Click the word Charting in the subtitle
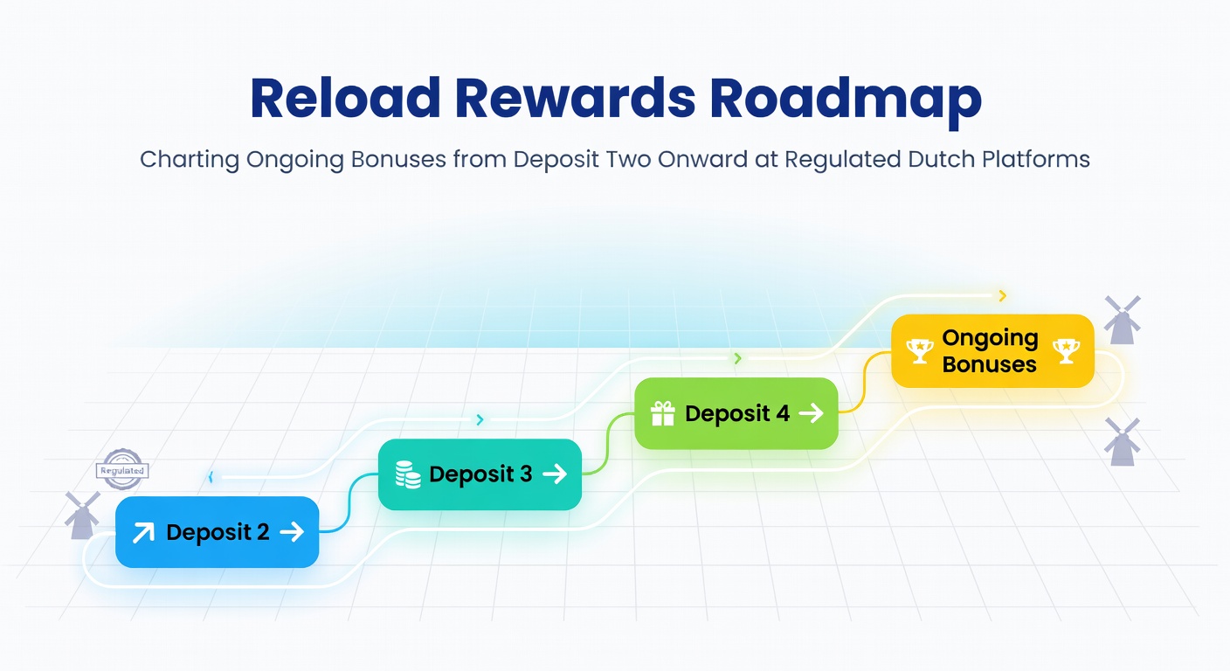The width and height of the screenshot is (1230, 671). pyautogui.click(x=189, y=160)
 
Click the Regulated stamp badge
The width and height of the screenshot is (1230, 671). pyautogui.click(x=121, y=469)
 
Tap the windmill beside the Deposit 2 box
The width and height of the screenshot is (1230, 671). pyautogui.click(x=83, y=515)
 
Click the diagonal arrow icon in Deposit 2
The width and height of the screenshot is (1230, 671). pyautogui.click(x=142, y=532)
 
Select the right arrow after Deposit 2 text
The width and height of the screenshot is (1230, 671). pyautogui.click(x=291, y=531)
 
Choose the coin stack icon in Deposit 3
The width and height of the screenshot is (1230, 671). pyautogui.click(x=408, y=474)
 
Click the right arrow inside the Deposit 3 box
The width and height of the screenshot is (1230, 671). pyautogui.click(x=554, y=474)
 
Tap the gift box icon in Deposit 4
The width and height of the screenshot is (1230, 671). pyautogui.click(x=663, y=413)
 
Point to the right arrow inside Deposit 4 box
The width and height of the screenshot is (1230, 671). pyautogui.click(x=811, y=413)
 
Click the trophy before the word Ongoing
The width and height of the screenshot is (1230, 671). pyautogui.click(x=919, y=351)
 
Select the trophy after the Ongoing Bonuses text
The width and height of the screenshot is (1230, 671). pyautogui.click(x=1066, y=351)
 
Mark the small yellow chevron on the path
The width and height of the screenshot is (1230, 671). pyautogui.click(x=1002, y=296)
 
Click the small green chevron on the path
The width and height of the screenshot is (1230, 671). pyautogui.click(x=738, y=358)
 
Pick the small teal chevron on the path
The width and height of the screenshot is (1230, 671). pyautogui.click(x=480, y=420)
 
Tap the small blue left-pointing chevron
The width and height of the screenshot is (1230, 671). pyautogui.click(x=211, y=477)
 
